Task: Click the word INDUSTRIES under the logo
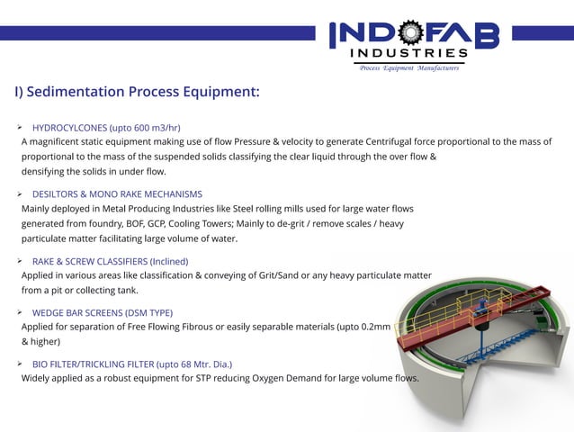click(410, 54)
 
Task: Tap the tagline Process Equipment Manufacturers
click(409, 67)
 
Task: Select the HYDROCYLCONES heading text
click(69, 127)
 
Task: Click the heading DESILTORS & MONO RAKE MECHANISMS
click(117, 193)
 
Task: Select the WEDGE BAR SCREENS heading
click(102, 312)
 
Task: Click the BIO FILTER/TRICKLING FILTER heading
click(131, 364)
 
